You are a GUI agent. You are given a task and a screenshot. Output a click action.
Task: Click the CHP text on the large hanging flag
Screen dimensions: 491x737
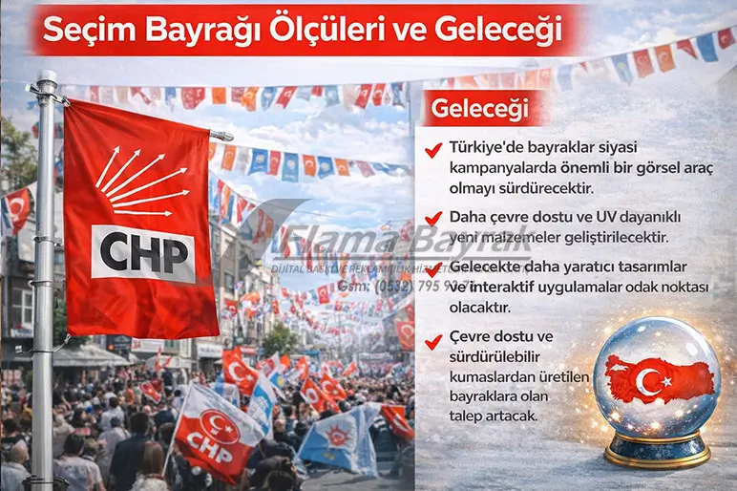point(143,252)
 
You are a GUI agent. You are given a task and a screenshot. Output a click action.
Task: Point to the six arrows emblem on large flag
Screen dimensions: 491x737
point(139,181)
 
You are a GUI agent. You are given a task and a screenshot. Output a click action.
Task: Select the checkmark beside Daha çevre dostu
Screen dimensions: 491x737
point(435,217)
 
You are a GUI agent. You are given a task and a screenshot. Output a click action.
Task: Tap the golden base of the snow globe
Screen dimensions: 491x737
point(658,450)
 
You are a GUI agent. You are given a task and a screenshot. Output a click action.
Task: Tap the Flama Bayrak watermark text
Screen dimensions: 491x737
point(382,243)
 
